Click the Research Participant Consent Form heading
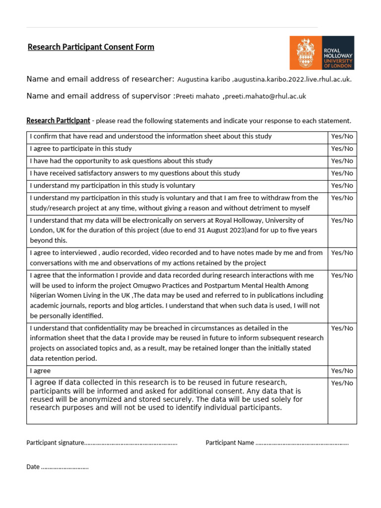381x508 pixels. pos(91,47)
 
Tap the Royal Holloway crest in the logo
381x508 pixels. pos(305,53)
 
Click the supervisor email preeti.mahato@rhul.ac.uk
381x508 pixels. pos(265,96)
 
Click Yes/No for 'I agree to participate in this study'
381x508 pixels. pos(342,148)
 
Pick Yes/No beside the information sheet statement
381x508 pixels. pos(342,136)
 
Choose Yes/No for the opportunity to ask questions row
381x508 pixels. pos(342,161)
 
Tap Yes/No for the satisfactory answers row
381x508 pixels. pos(342,173)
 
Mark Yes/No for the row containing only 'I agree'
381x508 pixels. pos(342,371)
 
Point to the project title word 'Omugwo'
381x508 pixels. pos(147,285)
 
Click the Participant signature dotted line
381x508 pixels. pos(131,443)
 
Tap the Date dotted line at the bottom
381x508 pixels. pos(64,467)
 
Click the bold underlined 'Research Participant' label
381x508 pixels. pos(58,121)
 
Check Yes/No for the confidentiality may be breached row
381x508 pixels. pos(342,328)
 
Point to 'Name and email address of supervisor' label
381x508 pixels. pos(99,96)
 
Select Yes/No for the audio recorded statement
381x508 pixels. pos(342,253)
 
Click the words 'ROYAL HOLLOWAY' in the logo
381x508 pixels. pos(338,53)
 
